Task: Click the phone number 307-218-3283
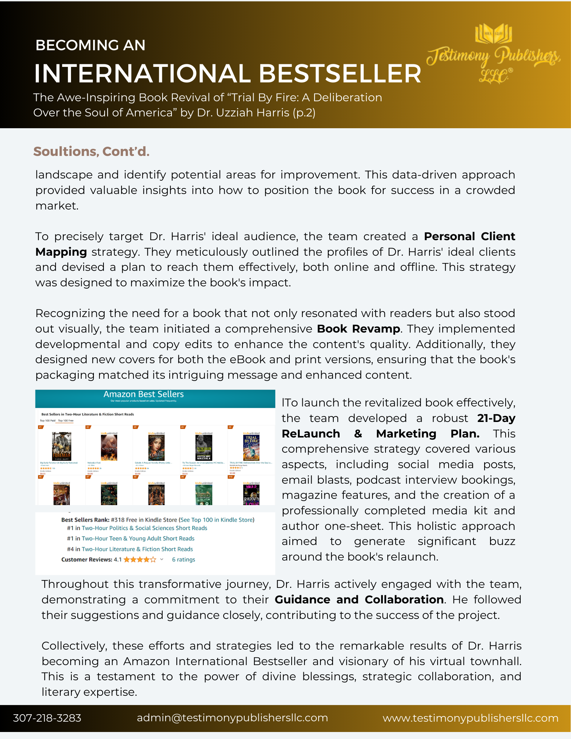point(47,718)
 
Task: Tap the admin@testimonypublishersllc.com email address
point(232,718)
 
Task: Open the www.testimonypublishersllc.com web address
point(470,718)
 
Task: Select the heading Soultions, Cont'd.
point(91,151)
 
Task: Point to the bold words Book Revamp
point(358,328)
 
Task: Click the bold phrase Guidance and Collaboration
point(359,599)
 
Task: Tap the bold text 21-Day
point(496,418)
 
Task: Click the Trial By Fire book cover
point(251,447)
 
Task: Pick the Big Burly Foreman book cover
point(61,447)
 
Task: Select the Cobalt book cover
point(156,447)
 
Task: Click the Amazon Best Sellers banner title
point(143,394)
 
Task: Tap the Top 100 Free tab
point(66,420)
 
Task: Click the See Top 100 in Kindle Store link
point(217,520)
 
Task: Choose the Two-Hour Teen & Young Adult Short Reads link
point(138,538)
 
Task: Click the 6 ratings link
point(183,559)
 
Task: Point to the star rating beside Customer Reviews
point(140,559)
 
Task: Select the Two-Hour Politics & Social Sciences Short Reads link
point(144,528)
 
